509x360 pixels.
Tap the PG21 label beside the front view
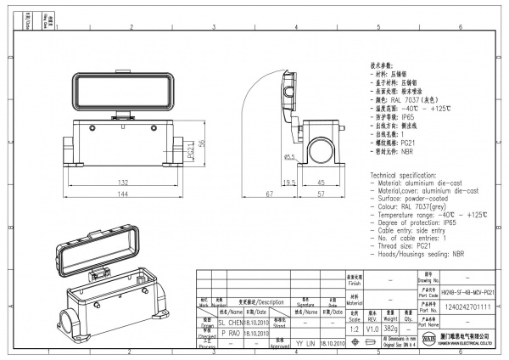pyautogui.click(x=192, y=153)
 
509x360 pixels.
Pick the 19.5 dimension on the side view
pyautogui.click(x=288, y=183)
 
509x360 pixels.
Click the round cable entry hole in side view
pyautogui.click(x=323, y=150)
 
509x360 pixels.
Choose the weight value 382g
pyautogui.click(x=391, y=327)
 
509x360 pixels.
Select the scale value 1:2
pyautogui.click(x=355, y=327)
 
